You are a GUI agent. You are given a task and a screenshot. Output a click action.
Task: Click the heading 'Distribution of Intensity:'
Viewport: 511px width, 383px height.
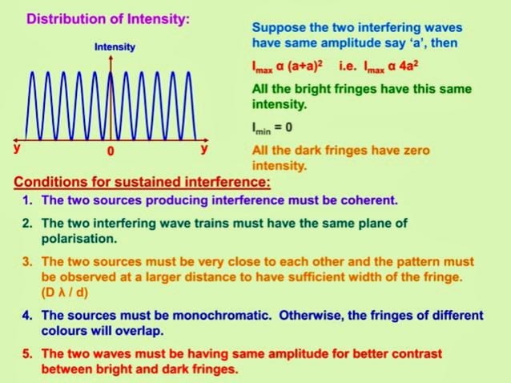click(x=108, y=18)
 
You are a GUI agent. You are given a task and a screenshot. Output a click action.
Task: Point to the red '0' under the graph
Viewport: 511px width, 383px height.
click(x=111, y=150)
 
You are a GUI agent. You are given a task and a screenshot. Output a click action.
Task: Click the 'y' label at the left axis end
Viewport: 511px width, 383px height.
click(x=17, y=148)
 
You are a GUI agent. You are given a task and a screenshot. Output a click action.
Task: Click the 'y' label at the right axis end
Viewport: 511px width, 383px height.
click(x=204, y=148)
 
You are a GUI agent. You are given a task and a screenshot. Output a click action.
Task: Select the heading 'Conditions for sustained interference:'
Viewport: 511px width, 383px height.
click(x=142, y=182)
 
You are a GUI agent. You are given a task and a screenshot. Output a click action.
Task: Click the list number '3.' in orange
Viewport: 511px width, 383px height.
click(x=26, y=261)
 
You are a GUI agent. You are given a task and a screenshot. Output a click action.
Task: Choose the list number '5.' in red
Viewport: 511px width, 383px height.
click(x=26, y=353)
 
